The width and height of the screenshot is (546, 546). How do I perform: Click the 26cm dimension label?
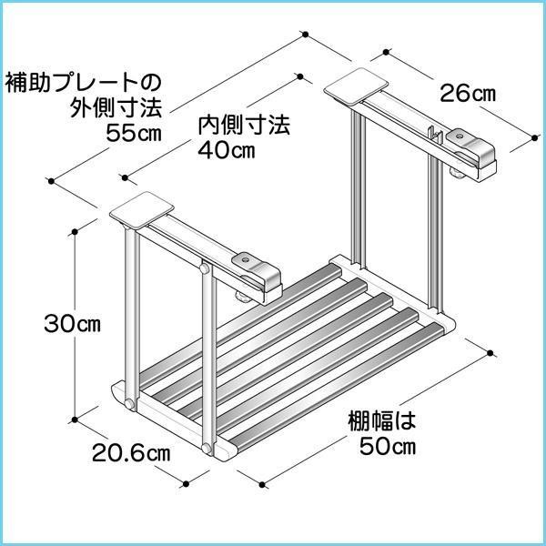point(469,91)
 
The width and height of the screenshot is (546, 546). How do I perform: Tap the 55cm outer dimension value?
point(134,135)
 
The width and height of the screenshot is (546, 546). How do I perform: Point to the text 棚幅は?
point(381,421)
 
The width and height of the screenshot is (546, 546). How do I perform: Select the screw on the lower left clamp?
point(247,261)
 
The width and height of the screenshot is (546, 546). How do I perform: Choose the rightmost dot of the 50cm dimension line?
point(492,352)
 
